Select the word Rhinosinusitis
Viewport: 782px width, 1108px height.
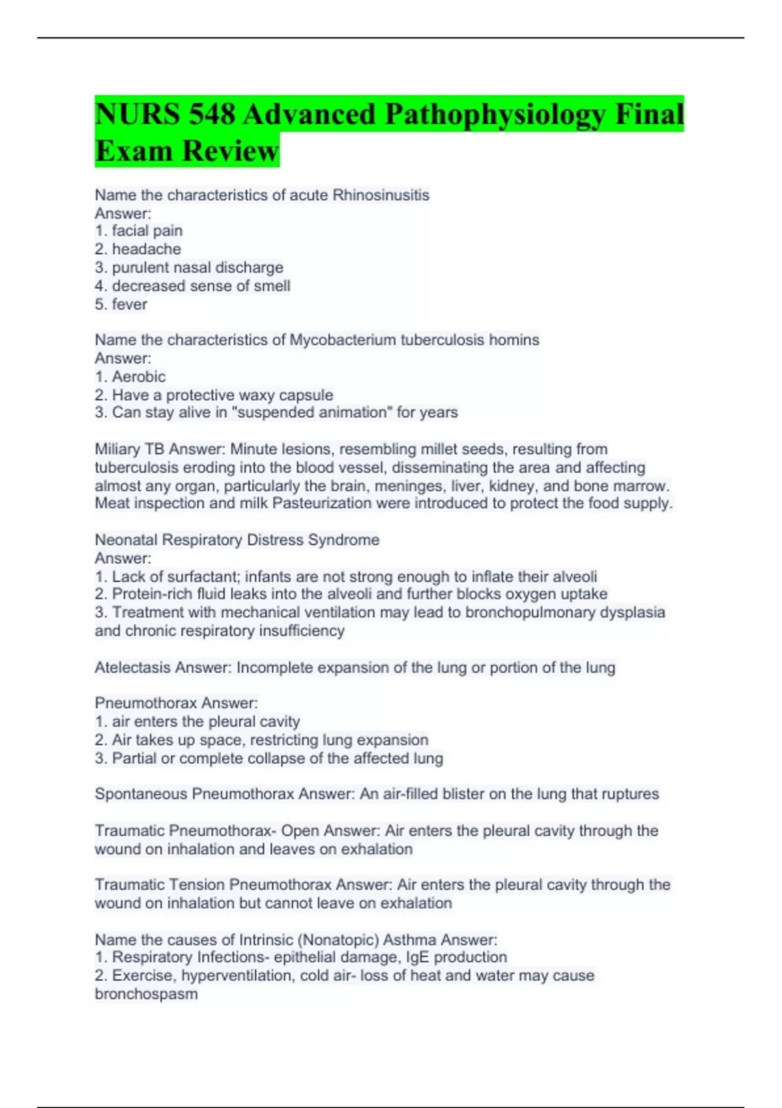click(381, 195)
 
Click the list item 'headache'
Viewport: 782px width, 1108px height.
click(146, 249)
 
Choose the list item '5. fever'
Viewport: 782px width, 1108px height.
click(121, 304)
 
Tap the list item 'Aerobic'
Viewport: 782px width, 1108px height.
click(138, 376)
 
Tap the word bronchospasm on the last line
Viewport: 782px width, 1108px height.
click(146, 994)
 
